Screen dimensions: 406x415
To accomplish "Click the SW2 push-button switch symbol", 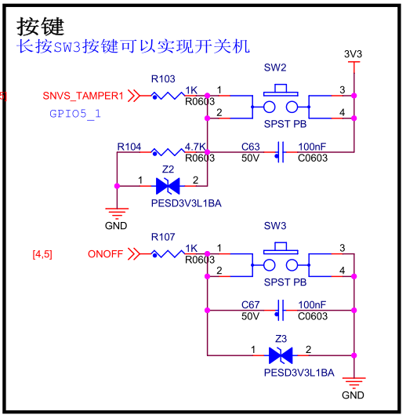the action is [281, 101].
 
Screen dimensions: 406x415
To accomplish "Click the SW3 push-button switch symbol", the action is [281, 260].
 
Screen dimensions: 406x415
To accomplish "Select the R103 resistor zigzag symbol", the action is [168, 96].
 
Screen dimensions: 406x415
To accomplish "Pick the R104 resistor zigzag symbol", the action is [168, 152].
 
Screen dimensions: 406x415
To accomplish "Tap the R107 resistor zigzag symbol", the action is [168, 254].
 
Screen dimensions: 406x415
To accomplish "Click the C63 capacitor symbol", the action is [281, 152].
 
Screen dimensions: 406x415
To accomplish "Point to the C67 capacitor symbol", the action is [281, 310].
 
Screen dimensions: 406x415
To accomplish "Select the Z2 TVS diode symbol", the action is [168, 186].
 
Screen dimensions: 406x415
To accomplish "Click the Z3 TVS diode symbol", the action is [281, 355].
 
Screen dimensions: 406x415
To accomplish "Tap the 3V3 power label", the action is [353, 54].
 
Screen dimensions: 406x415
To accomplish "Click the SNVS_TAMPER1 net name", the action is [83, 96].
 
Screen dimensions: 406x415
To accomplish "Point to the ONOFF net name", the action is [105, 254].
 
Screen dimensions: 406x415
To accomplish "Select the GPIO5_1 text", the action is [75, 114].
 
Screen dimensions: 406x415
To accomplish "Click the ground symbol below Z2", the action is [117, 213].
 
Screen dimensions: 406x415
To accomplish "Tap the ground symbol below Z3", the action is [354, 382].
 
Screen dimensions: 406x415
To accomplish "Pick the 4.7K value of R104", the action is [195, 147].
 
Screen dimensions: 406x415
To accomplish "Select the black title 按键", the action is [41, 27].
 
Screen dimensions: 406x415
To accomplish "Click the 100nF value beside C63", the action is [312, 147].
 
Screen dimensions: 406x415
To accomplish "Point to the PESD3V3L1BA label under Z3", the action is [299, 373].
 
